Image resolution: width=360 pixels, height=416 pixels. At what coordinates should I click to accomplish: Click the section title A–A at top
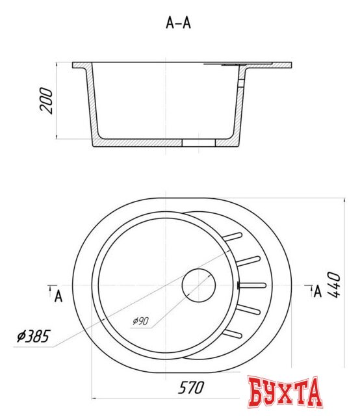pos(179,23)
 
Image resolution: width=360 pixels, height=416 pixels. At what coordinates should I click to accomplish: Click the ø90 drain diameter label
pos(141,321)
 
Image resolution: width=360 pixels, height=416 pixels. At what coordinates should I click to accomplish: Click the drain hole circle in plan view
pos(198,285)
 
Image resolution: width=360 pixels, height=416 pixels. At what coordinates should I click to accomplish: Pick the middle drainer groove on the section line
pos(253,285)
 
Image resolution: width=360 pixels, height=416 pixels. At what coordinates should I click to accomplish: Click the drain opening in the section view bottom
pos(198,141)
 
